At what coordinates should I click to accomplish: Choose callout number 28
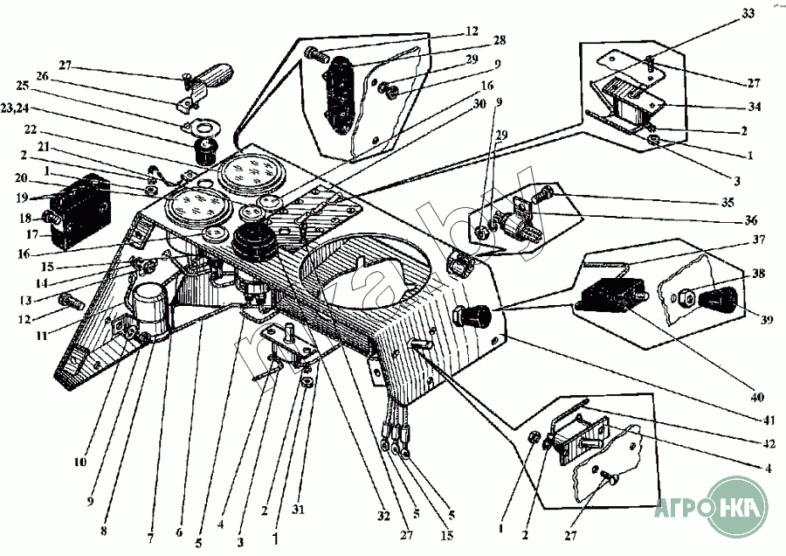500,40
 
